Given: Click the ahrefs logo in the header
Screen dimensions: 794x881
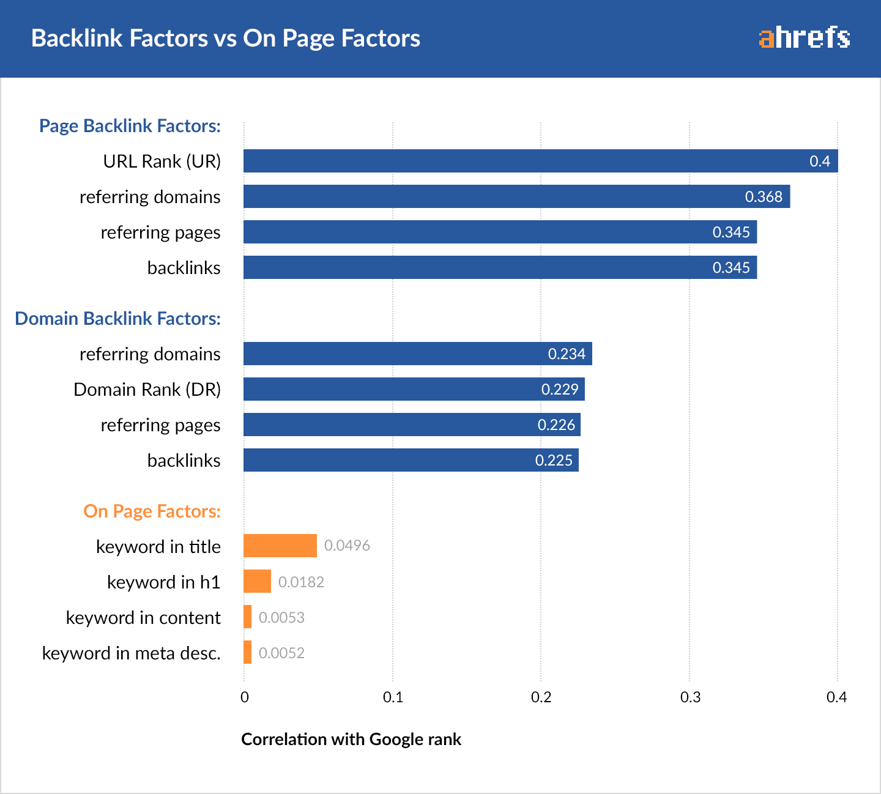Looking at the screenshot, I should (804, 38).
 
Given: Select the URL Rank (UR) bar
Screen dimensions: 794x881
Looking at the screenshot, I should (540, 161).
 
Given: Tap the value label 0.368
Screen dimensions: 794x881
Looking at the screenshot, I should (763, 196).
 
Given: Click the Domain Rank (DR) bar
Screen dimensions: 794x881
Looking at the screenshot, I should (414, 389).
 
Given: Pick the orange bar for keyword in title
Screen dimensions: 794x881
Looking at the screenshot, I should (280, 546).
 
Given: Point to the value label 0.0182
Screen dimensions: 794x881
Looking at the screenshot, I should (301, 582).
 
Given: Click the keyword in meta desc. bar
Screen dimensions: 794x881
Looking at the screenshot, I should (248, 652).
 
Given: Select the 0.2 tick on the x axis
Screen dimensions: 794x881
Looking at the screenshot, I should (541, 697).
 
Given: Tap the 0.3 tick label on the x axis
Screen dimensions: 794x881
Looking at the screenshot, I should (690, 697).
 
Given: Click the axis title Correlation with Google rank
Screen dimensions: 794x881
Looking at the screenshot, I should (351, 739).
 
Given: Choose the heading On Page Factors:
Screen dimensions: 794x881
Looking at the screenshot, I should (152, 511).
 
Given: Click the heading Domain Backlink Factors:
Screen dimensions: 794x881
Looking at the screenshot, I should (117, 318).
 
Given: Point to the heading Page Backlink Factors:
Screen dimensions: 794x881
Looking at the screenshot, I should (130, 125).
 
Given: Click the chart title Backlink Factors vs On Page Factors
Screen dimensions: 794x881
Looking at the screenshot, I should (226, 38).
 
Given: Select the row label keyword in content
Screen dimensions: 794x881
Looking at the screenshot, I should (143, 617).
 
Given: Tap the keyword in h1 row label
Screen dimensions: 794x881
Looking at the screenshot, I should (163, 582).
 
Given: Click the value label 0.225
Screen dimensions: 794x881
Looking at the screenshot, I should (553, 460).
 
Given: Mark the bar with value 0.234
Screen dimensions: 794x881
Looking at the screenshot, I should (417, 354).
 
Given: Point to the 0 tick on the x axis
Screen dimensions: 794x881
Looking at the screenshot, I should (245, 697).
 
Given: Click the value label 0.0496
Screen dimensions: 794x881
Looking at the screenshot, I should (347, 546).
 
